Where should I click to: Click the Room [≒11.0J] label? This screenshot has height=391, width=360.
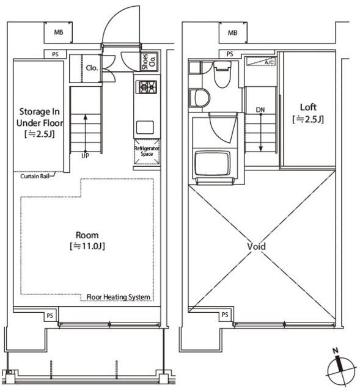click(x=87, y=241)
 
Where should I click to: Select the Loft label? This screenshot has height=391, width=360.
click(x=309, y=108)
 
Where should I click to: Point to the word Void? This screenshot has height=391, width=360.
click(x=257, y=247)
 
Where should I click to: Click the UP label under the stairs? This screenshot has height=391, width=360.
click(x=86, y=156)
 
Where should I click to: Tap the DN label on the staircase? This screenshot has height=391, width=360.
click(x=260, y=110)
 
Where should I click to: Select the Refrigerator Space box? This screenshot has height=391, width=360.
click(x=147, y=152)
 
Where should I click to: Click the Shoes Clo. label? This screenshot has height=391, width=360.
click(x=149, y=61)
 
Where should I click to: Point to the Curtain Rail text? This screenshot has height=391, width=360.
click(x=35, y=177)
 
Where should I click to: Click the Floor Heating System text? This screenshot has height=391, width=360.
click(x=118, y=297)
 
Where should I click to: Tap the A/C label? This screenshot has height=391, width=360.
click(x=269, y=62)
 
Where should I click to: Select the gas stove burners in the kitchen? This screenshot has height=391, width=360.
click(x=146, y=87)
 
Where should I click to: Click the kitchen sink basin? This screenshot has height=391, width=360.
click(x=145, y=128)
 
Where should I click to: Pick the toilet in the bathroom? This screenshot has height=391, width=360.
click(x=223, y=74)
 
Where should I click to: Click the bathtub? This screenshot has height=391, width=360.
click(x=211, y=163)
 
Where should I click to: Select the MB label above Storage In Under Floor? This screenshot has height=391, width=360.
click(x=59, y=32)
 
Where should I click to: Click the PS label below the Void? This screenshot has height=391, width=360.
click(x=225, y=315)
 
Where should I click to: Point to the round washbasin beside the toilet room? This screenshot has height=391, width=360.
click(x=199, y=98)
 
